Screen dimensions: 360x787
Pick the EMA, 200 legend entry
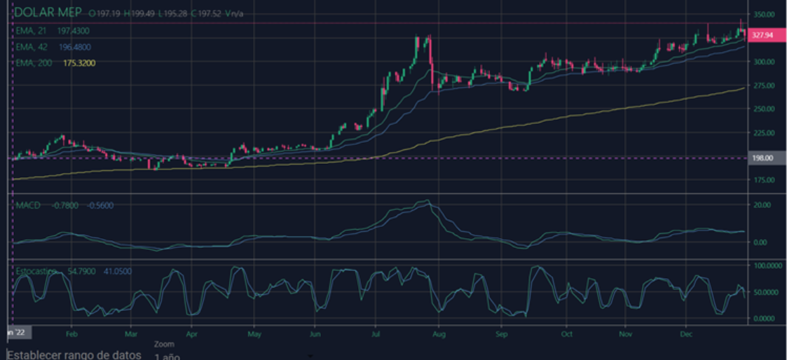(36, 63)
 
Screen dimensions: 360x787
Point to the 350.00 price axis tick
(764, 14)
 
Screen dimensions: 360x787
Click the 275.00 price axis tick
(764, 85)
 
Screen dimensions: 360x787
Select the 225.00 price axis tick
(764, 132)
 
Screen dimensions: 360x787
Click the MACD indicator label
(29, 205)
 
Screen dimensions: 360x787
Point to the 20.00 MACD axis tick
(762, 205)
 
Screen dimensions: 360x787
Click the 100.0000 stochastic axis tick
(766, 266)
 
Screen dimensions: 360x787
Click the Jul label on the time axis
(378, 335)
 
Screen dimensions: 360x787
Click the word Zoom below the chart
(165, 345)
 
